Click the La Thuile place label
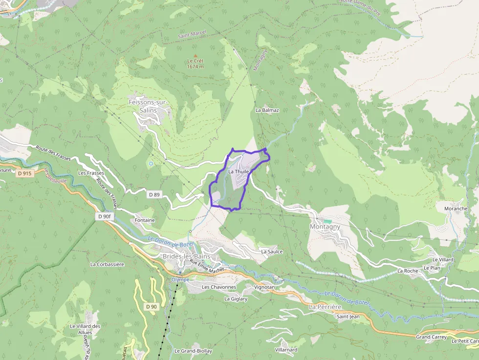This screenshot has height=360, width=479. pyautogui.click(x=239, y=171)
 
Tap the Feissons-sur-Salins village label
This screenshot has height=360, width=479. pyautogui.click(x=147, y=106)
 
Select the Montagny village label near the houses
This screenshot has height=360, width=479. pyautogui.click(x=325, y=227)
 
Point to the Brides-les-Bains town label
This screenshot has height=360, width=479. pyautogui.click(x=186, y=256)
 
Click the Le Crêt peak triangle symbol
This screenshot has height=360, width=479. pyautogui.click(x=196, y=56)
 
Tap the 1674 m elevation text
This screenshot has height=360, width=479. pyautogui.click(x=195, y=67)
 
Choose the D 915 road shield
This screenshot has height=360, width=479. pyautogui.click(x=24, y=173)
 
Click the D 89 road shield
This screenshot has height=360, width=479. pyautogui.click(x=154, y=194)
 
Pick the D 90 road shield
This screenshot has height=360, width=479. pyautogui.click(x=152, y=306)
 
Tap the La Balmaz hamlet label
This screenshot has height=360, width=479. pyautogui.click(x=267, y=110)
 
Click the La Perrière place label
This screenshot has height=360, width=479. pyautogui.click(x=325, y=307)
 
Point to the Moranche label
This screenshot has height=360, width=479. pyautogui.click(x=456, y=209)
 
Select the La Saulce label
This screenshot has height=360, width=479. pyautogui.click(x=272, y=252)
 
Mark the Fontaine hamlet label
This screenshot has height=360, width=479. pyautogui.click(x=145, y=220)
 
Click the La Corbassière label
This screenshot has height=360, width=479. pyautogui.click(x=107, y=264)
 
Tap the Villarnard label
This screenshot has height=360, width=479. pyautogui.click(x=286, y=350)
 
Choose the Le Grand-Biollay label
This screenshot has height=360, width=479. pyautogui.click(x=193, y=351)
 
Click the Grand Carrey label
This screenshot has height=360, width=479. pyautogui.click(x=430, y=337)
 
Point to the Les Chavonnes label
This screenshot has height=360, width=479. pyautogui.click(x=219, y=287)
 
